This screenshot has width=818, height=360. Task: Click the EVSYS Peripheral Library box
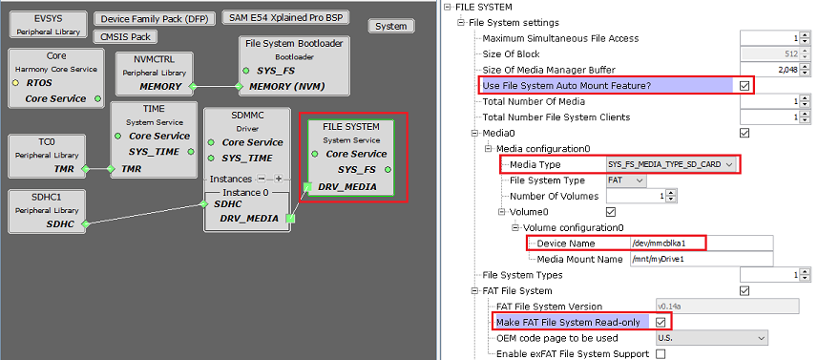[47, 24]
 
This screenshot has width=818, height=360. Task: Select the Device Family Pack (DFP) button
[156, 19]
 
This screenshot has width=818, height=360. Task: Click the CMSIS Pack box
[124, 36]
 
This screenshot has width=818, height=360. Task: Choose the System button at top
[391, 26]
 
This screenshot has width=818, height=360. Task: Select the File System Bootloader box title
[293, 43]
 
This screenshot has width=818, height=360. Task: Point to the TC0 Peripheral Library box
[46, 154]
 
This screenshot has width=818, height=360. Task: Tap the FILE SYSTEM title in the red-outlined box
[350, 126]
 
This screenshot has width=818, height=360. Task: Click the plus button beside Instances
[279, 179]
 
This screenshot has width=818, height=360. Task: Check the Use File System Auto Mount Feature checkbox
[745, 85]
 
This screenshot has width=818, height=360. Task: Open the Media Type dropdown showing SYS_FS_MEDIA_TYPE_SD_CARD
[672, 164]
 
